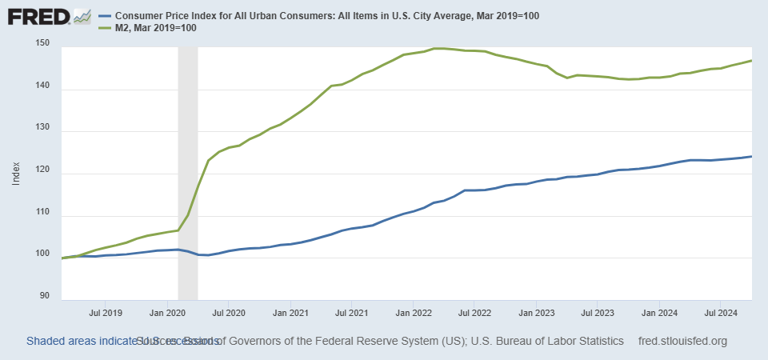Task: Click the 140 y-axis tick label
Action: [x=45, y=89]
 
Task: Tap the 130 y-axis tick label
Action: [x=45, y=131]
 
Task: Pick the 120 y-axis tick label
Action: [x=45, y=174]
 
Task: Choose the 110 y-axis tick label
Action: [x=45, y=216]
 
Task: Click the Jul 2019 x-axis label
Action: [x=106, y=312]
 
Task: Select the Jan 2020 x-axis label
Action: [x=168, y=312]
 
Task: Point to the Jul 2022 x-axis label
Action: [x=474, y=312]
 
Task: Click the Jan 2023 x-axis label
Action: [x=536, y=312]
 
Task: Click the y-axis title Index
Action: [x=17, y=174]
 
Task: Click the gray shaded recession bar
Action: [x=187, y=160]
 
